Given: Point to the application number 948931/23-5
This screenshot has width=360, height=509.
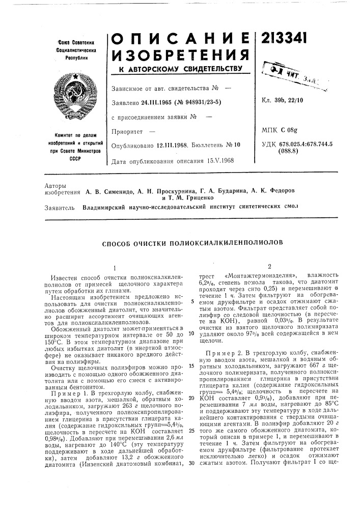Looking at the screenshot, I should pyautogui.click(x=198, y=102).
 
